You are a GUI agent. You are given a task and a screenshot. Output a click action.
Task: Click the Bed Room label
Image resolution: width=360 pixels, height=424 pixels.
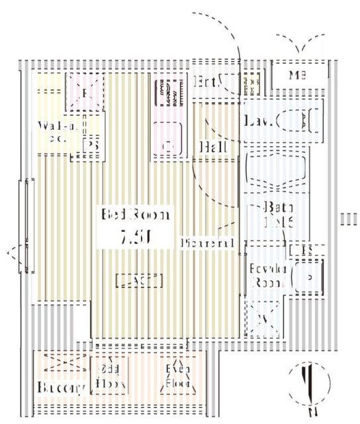(136, 215)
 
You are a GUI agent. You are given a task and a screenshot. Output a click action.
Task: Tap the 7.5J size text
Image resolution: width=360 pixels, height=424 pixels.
(136, 237)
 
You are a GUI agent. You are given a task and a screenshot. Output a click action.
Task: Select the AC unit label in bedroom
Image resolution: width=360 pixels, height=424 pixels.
(139, 280)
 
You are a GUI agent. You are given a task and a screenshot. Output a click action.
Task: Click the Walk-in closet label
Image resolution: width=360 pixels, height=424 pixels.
(58, 132)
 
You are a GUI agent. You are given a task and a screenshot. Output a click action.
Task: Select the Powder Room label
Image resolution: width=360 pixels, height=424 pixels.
(267, 275)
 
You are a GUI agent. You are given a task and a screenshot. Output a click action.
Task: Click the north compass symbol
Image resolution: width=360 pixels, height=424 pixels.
(308, 382)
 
